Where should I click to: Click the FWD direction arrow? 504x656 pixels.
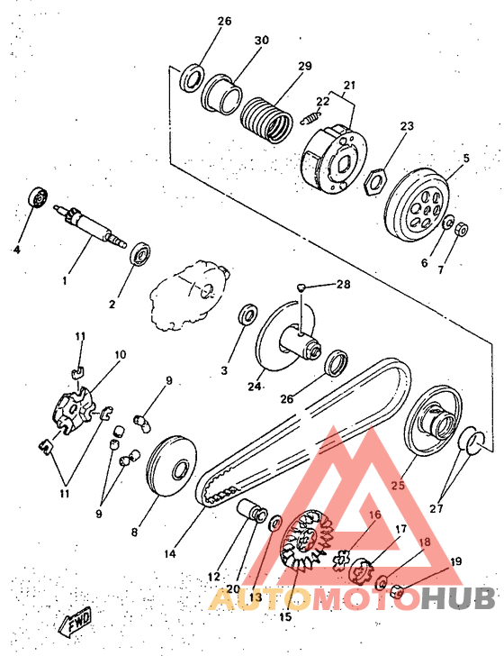coord(76,620)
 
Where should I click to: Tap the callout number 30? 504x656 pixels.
coord(262,41)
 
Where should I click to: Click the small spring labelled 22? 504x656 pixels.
coord(310,117)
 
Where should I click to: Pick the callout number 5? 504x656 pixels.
coord(466,159)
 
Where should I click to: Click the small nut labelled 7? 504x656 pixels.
coord(462,229)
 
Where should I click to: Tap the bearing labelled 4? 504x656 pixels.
coord(38,196)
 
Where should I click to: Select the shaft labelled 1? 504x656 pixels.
coord(90,226)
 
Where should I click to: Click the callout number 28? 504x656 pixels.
coord(343,285)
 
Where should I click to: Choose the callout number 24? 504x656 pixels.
coord(254,387)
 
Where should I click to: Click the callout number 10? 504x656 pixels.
coord(120,355)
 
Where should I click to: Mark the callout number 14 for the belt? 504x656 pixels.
coord(170,553)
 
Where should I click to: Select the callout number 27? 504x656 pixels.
coord(436,508)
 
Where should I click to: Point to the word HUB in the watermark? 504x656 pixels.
coord(458,597)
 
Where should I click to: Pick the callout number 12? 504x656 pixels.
coord(213,577)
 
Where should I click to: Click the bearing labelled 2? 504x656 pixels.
coord(140,253)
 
